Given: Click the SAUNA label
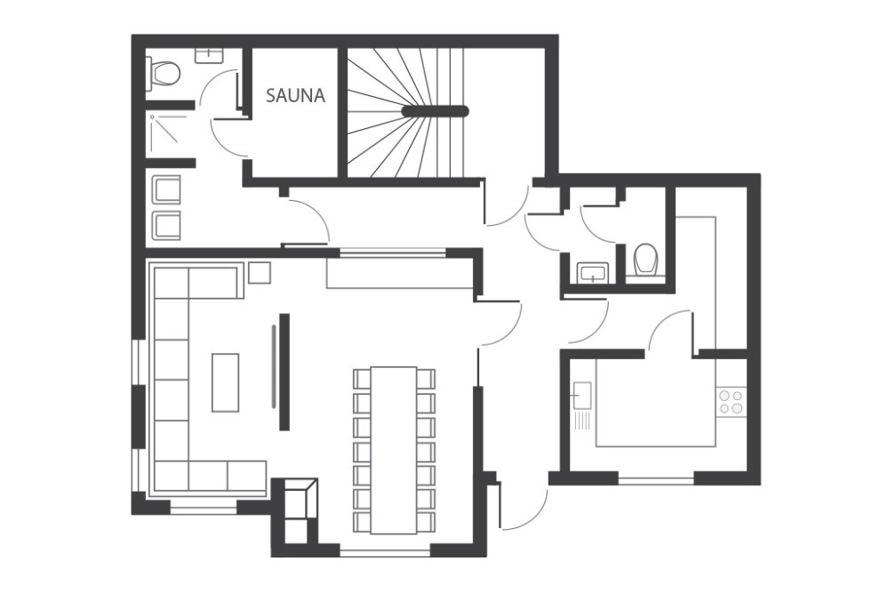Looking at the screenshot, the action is pyautogui.click(x=295, y=95).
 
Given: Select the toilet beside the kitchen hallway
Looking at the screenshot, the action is pyautogui.click(x=645, y=260).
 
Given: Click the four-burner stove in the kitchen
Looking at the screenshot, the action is pyautogui.click(x=730, y=402).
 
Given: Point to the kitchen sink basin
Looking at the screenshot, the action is pyautogui.click(x=581, y=395).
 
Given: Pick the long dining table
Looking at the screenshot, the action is pyautogui.click(x=394, y=450).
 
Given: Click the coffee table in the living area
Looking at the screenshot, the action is pyautogui.click(x=225, y=382).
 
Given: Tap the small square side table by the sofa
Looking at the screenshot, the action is pyautogui.click(x=260, y=273).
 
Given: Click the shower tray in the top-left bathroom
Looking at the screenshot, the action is pyautogui.click(x=168, y=133).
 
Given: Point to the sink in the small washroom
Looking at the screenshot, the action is pyautogui.click(x=593, y=273).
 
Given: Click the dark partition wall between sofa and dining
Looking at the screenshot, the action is pyautogui.click(x=284, y=372).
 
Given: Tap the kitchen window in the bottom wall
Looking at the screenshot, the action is pyautogui.click(x=656, y=481).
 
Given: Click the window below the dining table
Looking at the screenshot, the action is pyautogui.click(x=385, y=550).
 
